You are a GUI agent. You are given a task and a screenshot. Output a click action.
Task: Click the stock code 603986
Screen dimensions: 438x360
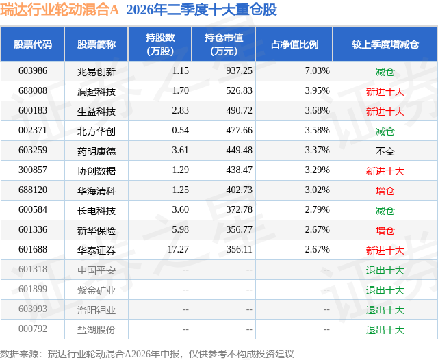click(x=33, y=70)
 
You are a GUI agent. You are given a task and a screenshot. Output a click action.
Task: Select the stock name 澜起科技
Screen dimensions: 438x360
click(x=96, y=91)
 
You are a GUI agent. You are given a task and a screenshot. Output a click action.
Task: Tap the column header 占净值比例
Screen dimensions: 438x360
click(x=294, y=44)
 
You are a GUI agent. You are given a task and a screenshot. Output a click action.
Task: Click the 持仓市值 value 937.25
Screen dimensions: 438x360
click(x=239, y=70)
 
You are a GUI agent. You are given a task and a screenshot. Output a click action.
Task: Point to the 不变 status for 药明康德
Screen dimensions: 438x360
click(x=385, y=151)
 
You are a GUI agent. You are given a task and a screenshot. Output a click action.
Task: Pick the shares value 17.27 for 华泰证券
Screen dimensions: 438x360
click(x=178, y=249)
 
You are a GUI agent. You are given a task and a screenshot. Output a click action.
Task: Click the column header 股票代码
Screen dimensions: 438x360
click(x=33, y=44)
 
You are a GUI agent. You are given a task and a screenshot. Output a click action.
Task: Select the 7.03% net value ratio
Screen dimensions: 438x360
click(x=317, y=70)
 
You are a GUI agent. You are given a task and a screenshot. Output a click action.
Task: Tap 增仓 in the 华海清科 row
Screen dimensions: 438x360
click(x=385, y=191)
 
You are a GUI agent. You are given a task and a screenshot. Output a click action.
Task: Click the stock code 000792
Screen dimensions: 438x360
click(x=33, y=329)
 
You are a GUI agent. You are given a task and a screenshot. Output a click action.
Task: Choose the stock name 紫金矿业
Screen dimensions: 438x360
click(x=96, y=290)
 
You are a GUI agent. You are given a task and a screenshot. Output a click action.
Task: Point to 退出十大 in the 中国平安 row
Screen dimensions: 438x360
click(x=385, y=270)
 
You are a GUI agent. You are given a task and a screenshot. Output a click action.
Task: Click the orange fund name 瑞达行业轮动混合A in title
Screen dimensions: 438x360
click(x=60, y=10)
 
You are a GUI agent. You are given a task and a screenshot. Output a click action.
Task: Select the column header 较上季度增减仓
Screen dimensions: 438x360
click(x=385, y=44)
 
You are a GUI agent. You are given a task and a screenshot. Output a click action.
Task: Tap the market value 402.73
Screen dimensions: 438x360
click(x=239, y=190)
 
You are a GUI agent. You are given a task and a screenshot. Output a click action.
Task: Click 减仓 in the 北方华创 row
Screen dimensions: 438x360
click(x=385, y=131)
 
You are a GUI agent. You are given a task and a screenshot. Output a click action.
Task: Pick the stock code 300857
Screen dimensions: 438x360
click(x=33, y=170)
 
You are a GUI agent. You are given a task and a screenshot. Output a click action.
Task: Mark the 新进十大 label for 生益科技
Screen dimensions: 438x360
click(x=385, y=112)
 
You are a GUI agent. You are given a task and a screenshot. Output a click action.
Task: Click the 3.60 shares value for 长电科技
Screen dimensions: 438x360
click(x=180, y=209)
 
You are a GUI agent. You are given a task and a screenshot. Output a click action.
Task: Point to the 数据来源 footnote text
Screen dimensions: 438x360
click(x=147, y=354)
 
